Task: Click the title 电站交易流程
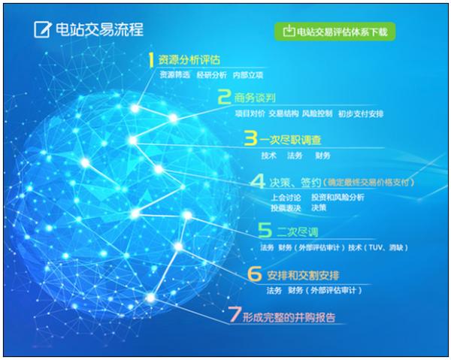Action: point(99,29)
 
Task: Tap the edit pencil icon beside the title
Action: point(43,29)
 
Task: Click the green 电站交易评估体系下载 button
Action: point(334,32)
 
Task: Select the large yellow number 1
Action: point(151,60)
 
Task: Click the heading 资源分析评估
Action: point(189,60)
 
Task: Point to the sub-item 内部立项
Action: point(248,75)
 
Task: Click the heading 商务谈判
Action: point(255,98)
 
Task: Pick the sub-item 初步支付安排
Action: point(361,114)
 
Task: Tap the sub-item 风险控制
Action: point(317,113)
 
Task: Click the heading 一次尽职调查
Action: point(290,140)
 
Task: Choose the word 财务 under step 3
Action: point(322,156)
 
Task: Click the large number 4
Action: point(258,181)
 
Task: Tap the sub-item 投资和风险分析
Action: point(337,197)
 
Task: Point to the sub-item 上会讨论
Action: point(286,198)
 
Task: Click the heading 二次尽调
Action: point(298,232)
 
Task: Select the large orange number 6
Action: point(255,274)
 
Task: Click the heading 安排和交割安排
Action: point(303,276)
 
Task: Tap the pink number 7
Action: point(235,314)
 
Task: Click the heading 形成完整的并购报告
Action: point(289,317)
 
